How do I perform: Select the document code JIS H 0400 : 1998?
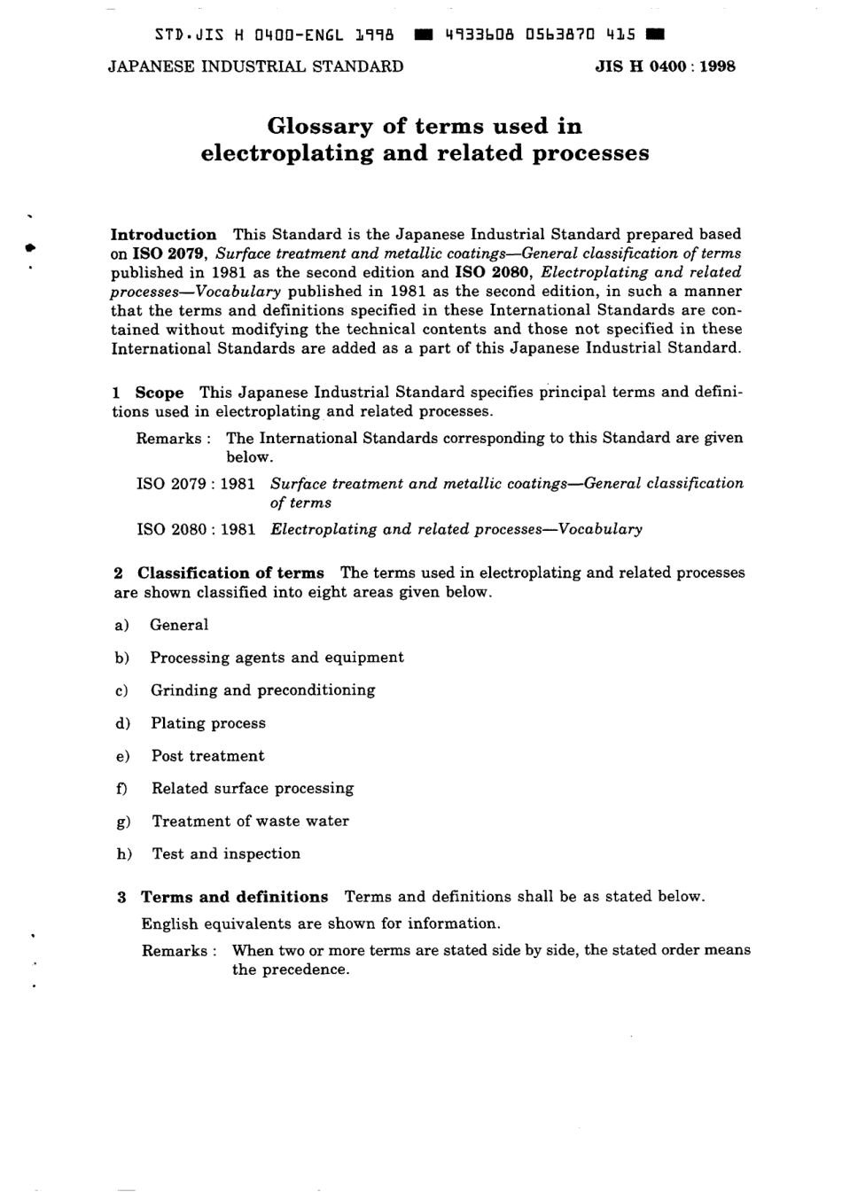[665, 66]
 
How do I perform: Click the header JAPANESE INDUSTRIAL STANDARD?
[255, 66]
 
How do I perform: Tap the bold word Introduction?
[163, 235]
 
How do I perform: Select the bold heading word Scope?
[160, 393]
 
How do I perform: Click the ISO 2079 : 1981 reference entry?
[196, 484]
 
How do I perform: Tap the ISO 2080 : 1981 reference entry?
[196, 530]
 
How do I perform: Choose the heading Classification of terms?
[230, 573]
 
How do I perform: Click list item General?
[179, 625]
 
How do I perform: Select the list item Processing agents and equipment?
[277, 658]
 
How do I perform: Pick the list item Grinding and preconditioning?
[262, 690]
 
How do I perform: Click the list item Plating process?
[208, 723]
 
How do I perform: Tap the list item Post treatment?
[207, 756]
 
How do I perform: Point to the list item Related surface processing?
[253, 789]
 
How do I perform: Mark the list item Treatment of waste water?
[250, 822]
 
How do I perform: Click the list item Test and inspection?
[226, 854]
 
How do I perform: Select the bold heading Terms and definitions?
[235, 897]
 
